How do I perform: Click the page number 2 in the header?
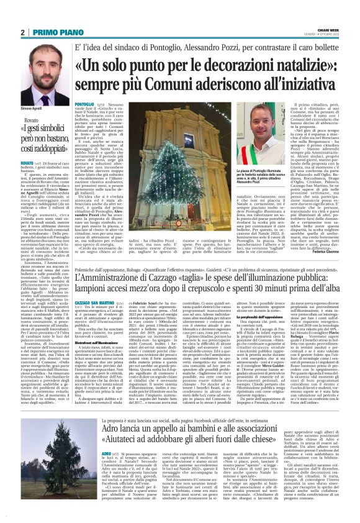[x=23, y=33]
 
